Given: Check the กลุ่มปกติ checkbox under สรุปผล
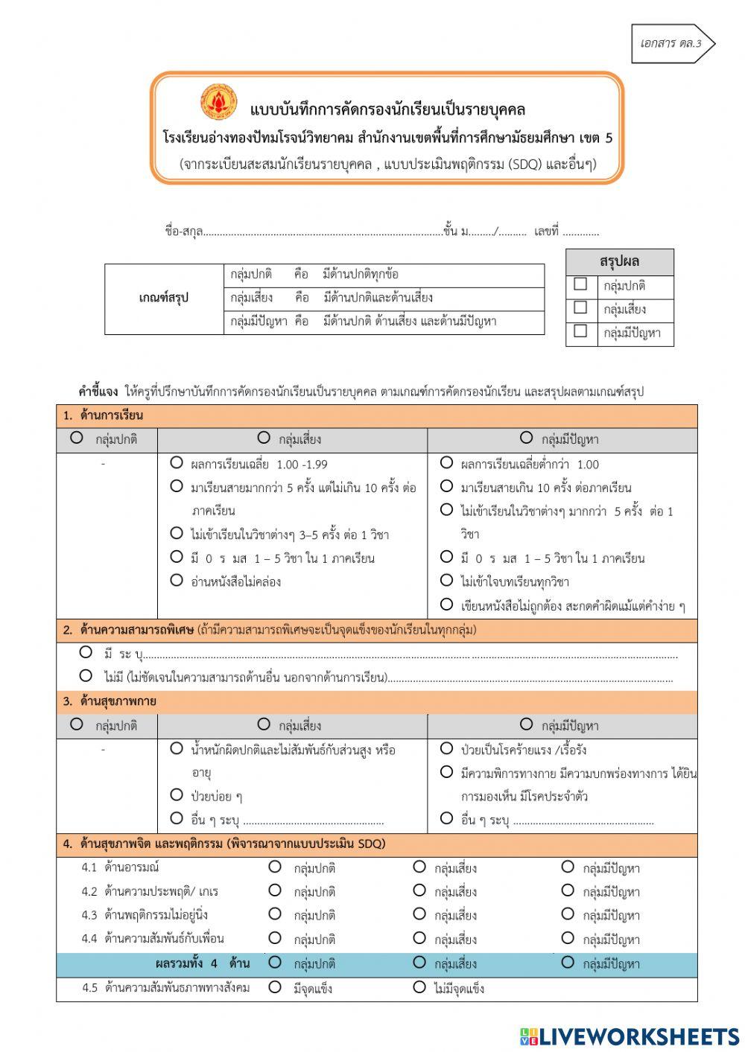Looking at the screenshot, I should point(580,284).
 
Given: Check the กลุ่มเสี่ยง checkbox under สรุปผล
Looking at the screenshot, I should point(580,307).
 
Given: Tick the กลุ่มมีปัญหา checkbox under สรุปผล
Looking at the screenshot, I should point(580,331).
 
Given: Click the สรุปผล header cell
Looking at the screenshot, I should point(619,262).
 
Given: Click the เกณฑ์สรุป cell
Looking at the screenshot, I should point(164,298).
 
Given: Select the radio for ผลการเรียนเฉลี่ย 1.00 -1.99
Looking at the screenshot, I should point(177,462).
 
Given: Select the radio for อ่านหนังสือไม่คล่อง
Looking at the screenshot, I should point(177,580).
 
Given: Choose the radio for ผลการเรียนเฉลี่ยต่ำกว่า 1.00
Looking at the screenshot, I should point(446,462).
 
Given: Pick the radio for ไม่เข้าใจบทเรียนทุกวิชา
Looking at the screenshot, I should point(446,580).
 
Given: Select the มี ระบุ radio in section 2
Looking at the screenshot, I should point(86,652).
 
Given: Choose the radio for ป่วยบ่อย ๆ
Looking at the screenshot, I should point(177,794).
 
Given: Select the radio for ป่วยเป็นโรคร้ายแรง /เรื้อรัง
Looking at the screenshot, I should point(446,748).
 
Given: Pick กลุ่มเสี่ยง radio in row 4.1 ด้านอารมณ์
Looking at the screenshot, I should point(419,867).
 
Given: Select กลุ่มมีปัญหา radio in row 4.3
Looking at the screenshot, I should point(568,914).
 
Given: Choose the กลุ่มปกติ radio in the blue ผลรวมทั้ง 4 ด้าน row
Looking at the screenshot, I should point(275,963).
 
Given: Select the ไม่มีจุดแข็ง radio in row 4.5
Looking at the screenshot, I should point(419,987).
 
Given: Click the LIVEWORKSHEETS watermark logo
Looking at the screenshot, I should point(630,1036).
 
